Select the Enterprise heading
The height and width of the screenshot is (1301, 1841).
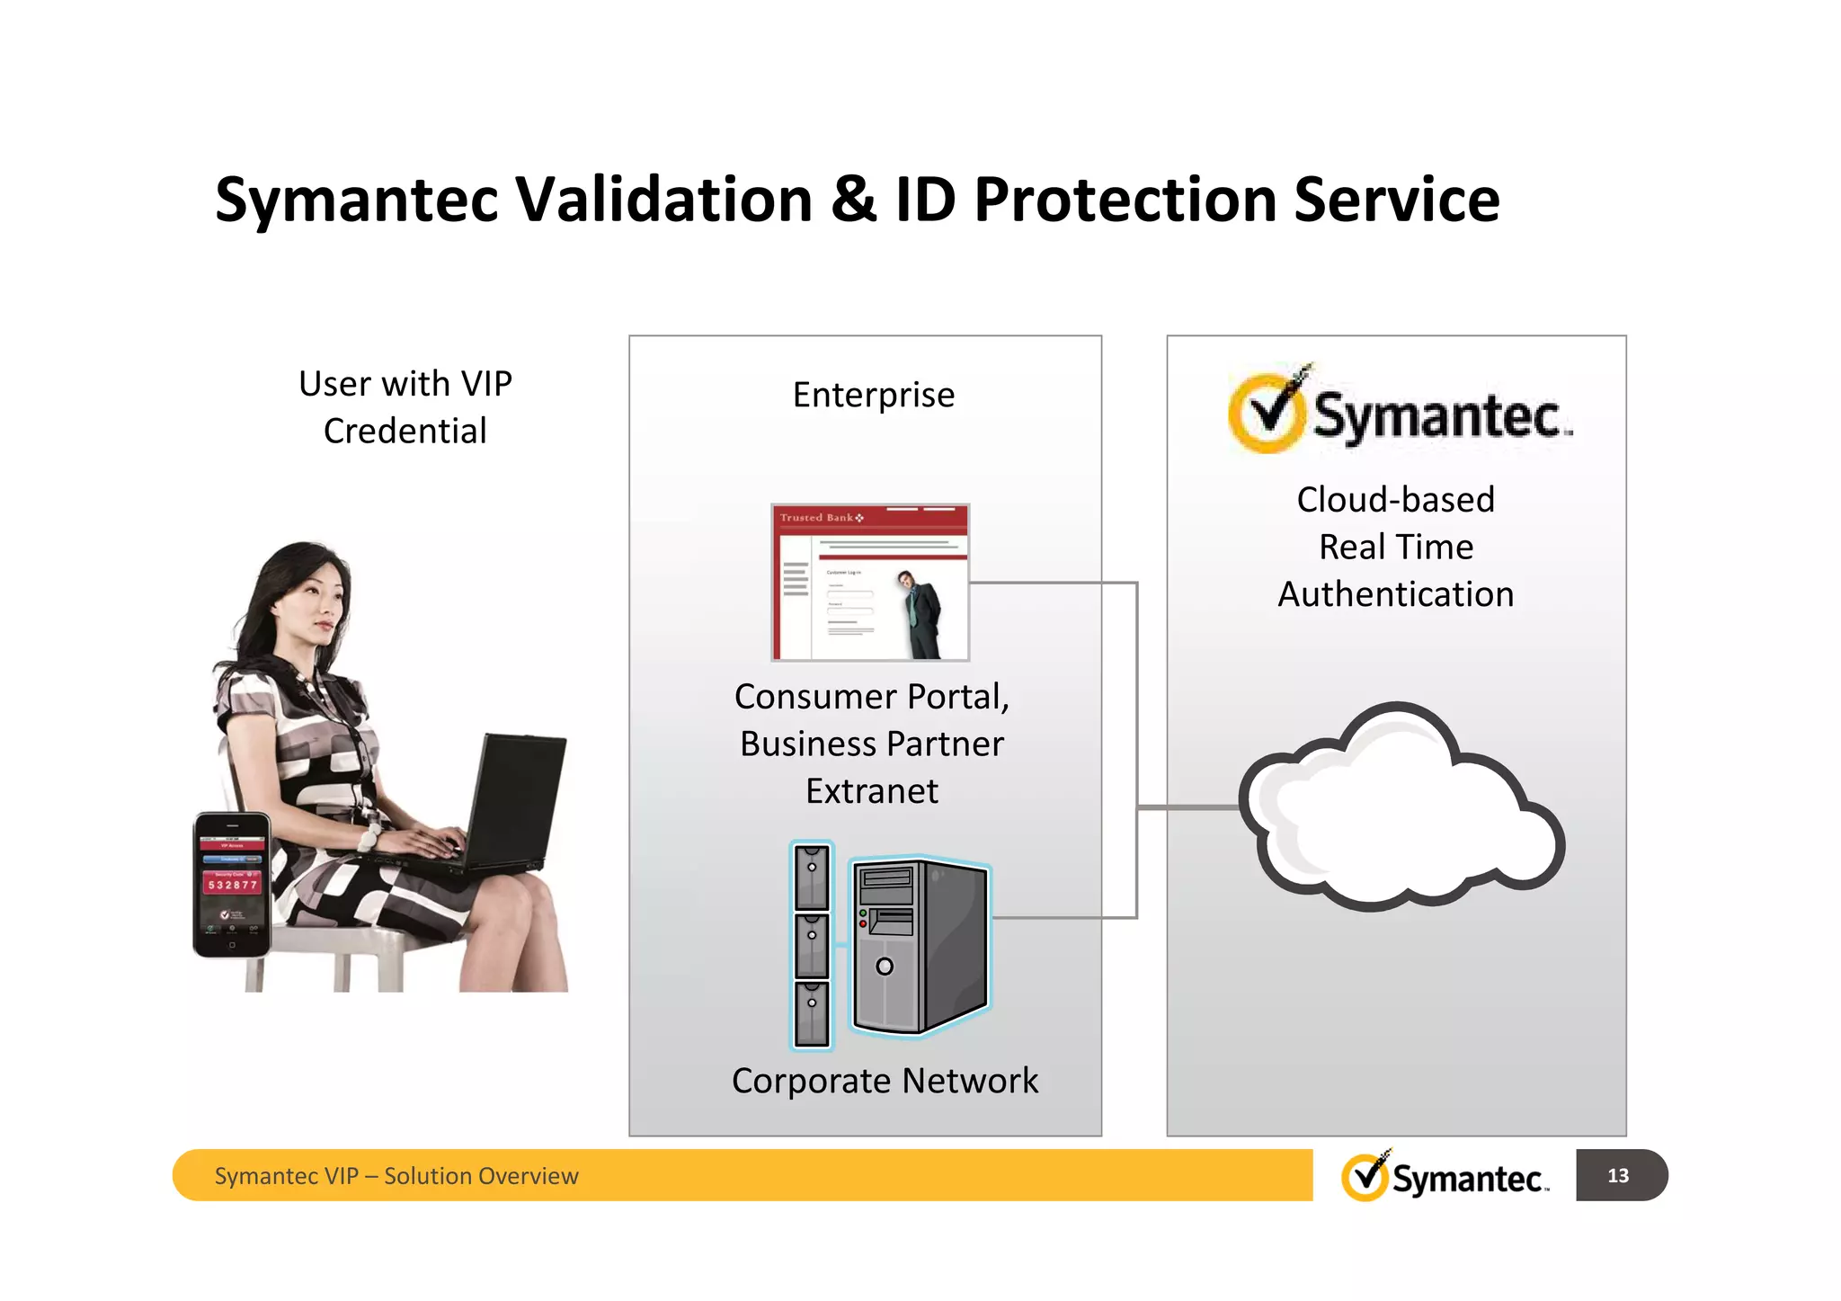tap(873, 396)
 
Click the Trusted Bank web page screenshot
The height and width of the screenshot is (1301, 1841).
tap(869, 583)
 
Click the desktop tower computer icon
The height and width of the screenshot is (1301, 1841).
tap(920, 946)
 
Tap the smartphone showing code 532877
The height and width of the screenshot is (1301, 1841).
tap(232, 885)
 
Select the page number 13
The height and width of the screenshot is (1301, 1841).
tap(1617, 1175)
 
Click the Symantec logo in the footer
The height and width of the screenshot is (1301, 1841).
tap(1444, 1175)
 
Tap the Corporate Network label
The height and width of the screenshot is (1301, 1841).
tap(885, 1081)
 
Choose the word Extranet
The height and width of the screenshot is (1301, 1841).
tap(871, 791)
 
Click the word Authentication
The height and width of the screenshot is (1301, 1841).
tap(1395, 594)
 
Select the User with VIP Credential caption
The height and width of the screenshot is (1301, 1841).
tap(405, 407)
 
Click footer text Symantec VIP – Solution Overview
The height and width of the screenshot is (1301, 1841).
tap(396, 1176)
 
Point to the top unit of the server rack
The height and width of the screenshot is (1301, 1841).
tap(812, 876)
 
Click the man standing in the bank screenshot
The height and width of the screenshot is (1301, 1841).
tap(920, 614)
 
